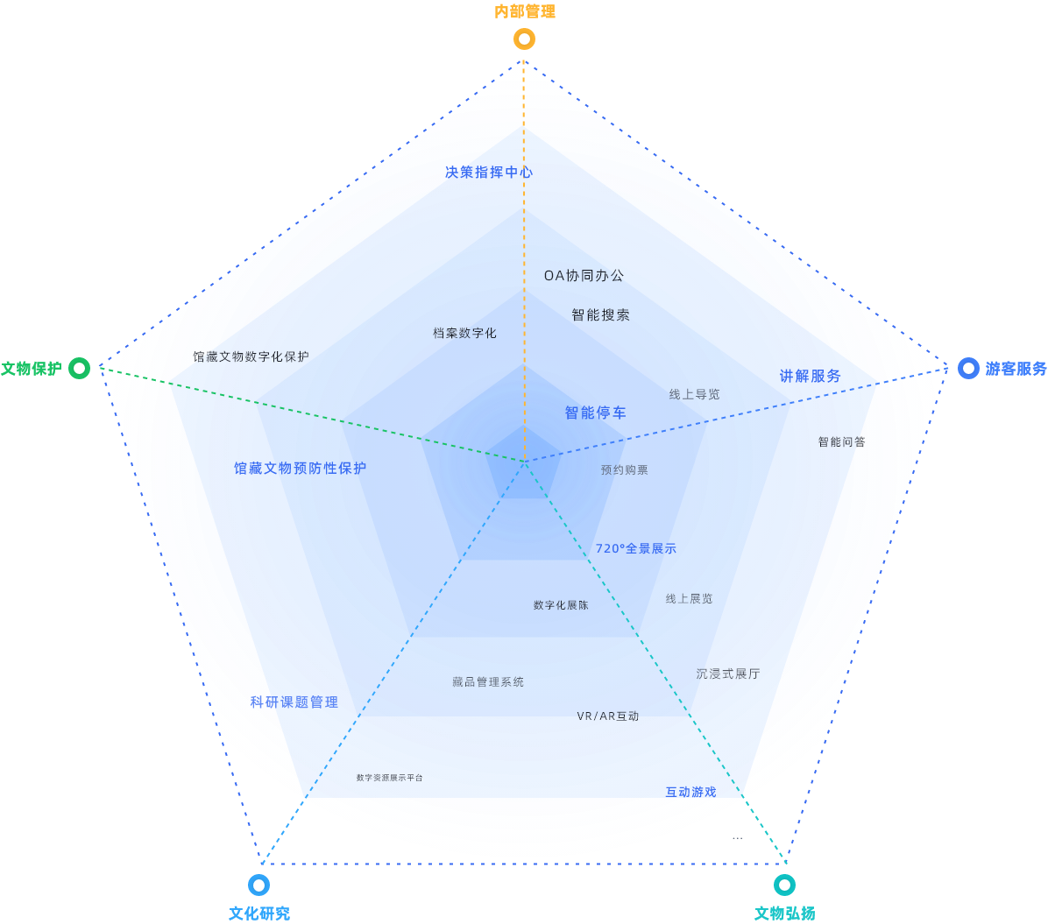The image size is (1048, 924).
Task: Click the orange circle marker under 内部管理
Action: (x=524, y=39)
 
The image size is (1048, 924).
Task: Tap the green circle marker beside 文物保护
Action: (x=80, y=369)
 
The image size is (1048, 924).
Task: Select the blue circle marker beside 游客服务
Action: (x=968, y=369)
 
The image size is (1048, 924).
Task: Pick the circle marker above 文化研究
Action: (x=259, y=885)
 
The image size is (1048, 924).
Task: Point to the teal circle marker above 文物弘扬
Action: (x=785, y=885)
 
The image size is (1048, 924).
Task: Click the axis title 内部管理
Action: (x=525, y=11)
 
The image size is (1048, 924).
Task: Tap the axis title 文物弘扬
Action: (x=785, y=913)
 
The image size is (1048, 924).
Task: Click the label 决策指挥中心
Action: (x=489, y=173)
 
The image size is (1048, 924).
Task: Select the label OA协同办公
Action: (x=584, y=276)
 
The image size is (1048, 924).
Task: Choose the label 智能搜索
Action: (x=600, y=315)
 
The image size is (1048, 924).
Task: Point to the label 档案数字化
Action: (x=464, y=334)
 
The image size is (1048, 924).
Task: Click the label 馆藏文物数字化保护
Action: (x=251, y=357)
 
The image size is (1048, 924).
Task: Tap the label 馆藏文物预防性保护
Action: (x=300, y=469)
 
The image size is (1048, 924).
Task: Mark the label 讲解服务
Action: (x=810, y=377)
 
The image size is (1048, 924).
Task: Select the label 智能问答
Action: (x=841, y=442)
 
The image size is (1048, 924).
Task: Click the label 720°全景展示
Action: (x=635, y=549)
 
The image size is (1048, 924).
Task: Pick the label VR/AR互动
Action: (x=607, y=716)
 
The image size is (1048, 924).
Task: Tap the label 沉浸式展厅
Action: (x=728, y=674)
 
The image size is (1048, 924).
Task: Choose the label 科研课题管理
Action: (x=294, y=702)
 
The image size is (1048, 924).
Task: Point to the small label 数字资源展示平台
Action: (x=389, y=778)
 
